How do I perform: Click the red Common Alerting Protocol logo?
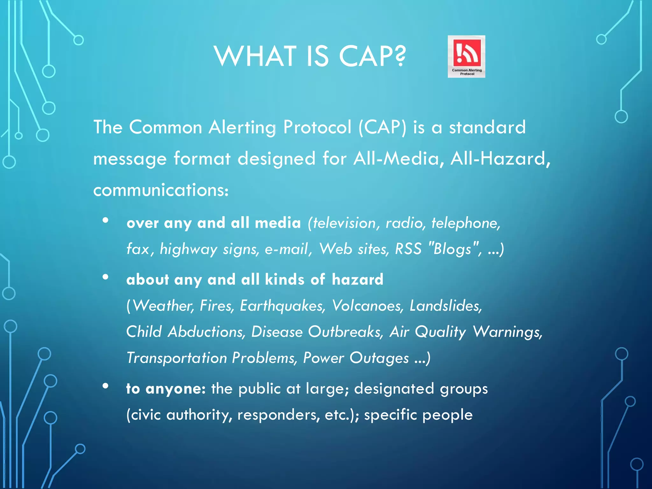coord(466,56)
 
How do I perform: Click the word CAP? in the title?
coord(372,56)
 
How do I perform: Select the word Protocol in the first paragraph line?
coord(317,127)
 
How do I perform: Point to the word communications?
coord(161,190)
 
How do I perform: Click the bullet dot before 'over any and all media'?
coord(106,220)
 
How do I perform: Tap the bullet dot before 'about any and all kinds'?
coord(106,277)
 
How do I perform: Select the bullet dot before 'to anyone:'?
coord(106,386)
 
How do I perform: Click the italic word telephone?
coord(466,223)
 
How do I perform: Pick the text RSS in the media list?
coord(408,249)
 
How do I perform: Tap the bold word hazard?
coord(357,280)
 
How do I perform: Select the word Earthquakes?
coord(283,306)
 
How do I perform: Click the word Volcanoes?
coord(368,306)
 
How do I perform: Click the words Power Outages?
coord(356,358)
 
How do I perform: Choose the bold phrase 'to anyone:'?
coord(166,389)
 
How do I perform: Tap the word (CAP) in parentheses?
coord(382,127)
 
